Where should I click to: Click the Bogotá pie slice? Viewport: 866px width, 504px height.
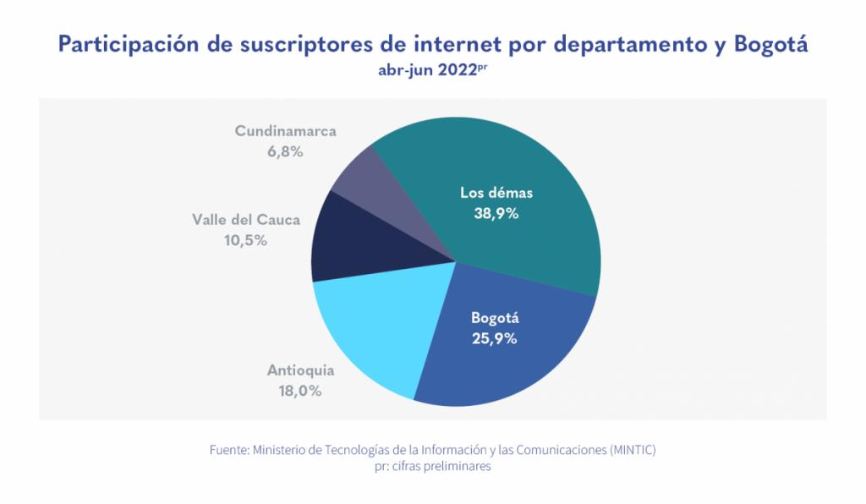click(507, 355)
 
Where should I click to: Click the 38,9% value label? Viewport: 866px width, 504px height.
click(496, 214)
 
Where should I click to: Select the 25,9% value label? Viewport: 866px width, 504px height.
click(495, 339)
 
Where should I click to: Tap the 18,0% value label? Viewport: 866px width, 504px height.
click(301, 391)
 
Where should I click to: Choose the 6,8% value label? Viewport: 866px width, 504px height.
click(285, 152)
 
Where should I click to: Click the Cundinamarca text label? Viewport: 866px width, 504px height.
click(286, 131)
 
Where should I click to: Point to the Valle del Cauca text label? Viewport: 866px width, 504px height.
click(246, 220)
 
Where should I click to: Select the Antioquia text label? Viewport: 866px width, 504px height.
click(301, 370)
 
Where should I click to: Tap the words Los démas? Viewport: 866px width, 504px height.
click(496, 193)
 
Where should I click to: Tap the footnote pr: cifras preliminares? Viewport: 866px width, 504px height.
click(432, 467)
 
